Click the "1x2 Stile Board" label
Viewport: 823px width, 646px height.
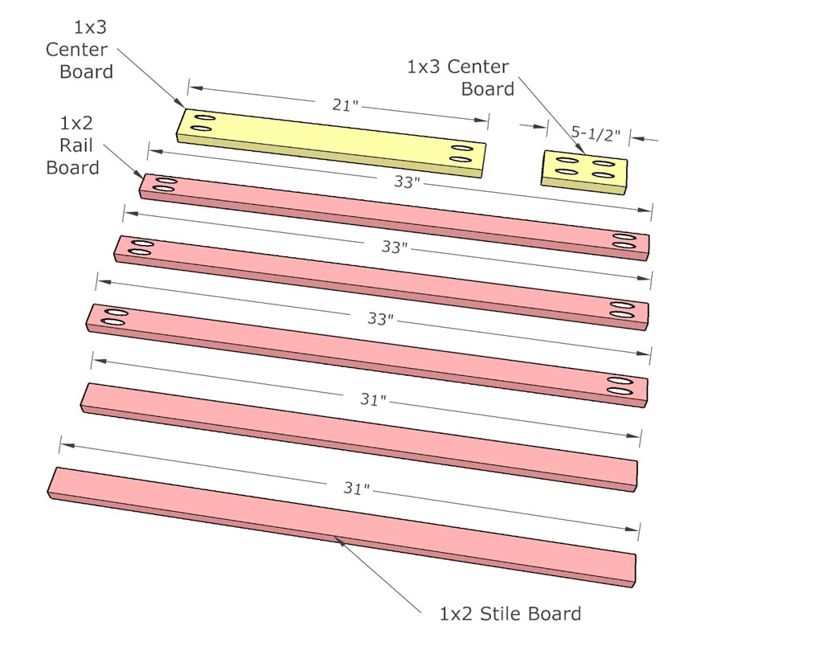pyautogui.click(x=510, y=615)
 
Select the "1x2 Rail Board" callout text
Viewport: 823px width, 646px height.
pyautogui.click(x=80, y=145)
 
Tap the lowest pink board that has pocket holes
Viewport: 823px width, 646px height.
pyautogui.click(x=366, y=351)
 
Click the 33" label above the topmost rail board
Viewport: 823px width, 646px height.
pyautogui.click(x=406, y=182)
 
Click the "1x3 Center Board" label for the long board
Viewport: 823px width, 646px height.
pyautogui.click(x=80, y=50)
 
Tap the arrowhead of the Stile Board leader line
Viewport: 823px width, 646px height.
pyautogui.click(x=340, y=541)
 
